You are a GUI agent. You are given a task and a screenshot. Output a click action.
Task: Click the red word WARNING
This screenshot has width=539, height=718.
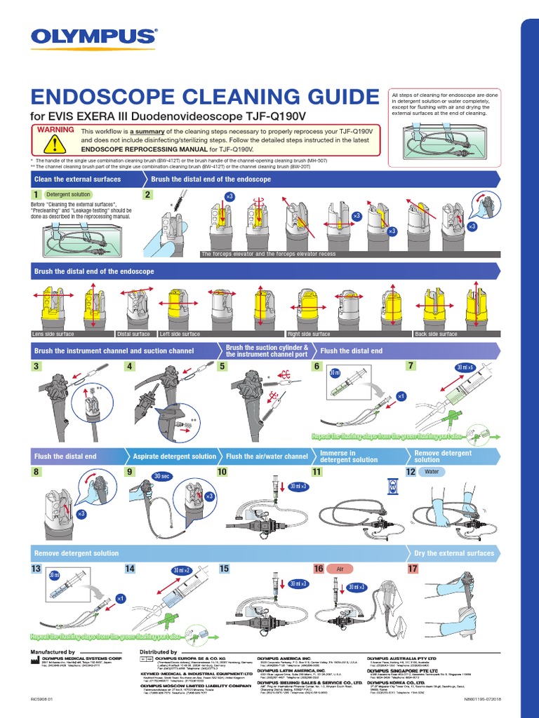[55, 130]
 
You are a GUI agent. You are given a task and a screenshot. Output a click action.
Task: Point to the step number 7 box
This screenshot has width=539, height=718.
[412, 366]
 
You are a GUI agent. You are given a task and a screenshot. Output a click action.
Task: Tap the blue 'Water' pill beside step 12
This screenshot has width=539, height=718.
[432, 472]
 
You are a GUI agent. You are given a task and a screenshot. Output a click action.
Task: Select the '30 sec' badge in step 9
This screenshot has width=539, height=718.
[161, 477]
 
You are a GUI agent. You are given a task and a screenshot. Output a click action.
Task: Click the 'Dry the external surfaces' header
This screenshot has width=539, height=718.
[454, 553]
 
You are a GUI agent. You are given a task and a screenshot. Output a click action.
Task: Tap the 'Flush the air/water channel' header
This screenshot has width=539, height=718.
[267, 456]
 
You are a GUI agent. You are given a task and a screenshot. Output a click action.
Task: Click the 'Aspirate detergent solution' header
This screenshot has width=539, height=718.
[175, 456]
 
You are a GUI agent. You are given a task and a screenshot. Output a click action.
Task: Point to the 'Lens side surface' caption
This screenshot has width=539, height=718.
[53, 334]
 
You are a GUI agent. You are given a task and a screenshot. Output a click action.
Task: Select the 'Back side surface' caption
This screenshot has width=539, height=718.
[436, 334]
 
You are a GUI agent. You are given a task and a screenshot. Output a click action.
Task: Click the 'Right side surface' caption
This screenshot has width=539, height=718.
[309, 334]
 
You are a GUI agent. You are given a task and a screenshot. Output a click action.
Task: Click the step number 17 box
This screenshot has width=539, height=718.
[413, 569]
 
